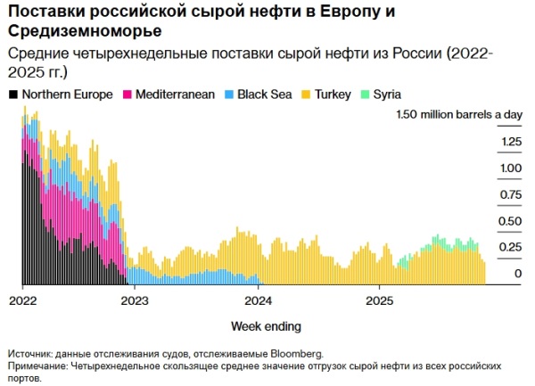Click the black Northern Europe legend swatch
pos(12,94)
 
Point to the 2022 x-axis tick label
pos(22,300)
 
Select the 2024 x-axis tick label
pos(258,300)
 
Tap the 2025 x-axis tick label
pos(379,300)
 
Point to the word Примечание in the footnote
pos(37,365)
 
